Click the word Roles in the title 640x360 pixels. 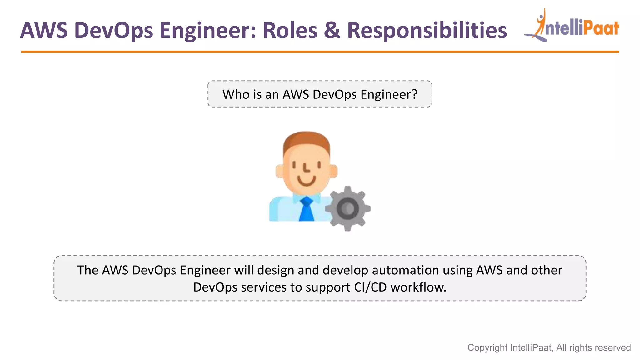[x=290, y=31]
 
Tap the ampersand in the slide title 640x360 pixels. [x=332, y=31]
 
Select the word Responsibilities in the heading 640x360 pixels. [x=427, y=31]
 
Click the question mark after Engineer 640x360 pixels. [x=414, y=94]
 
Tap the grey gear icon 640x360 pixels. [x=348, y=208]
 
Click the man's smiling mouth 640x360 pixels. [x=306, y=181]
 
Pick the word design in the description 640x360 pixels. [x=276, y=270]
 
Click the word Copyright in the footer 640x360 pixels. [x=487, y=348]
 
